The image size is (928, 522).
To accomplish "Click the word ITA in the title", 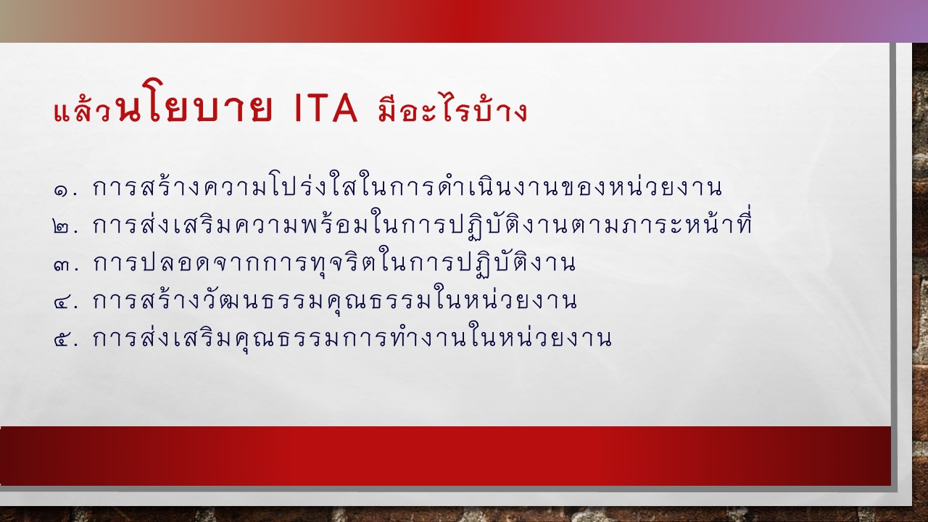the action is click(326, 109).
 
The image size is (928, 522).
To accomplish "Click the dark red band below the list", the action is click(445, 456).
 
